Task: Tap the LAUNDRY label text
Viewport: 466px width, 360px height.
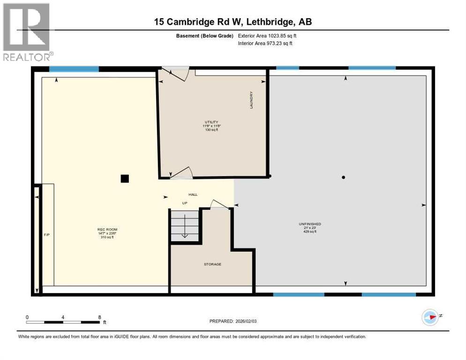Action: point(251,100)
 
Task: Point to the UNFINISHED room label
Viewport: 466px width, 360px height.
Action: point(309,224)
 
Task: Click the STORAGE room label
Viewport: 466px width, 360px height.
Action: point(212,264)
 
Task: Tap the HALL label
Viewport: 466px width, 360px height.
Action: point(193,194)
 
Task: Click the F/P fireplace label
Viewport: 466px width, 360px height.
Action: point(46,233)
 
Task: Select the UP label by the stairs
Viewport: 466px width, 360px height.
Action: point(185,203)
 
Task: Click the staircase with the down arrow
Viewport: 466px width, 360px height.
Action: point(184,226)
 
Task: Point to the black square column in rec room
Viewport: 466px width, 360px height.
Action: point(124,178)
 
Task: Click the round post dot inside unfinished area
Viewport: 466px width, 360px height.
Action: point(344,177)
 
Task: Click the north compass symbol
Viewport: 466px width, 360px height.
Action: point(430,317)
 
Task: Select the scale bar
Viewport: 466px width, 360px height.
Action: point(63,322)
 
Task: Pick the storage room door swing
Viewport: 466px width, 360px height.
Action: point(218,204)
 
